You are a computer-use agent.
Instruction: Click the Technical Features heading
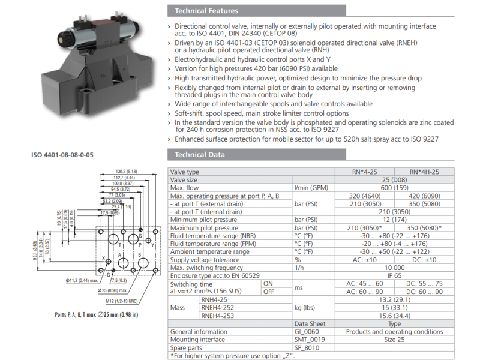tap(206, 11)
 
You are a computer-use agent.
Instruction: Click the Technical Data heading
tap(200, 155)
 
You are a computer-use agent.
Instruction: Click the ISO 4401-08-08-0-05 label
tap(62, 155)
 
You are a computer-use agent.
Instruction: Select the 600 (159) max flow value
tap(390, 188)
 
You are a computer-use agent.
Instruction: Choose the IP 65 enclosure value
tap(390, 275)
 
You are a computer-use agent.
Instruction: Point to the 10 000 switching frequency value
tap(390, 268)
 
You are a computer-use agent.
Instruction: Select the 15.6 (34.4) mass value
tap(390, 315)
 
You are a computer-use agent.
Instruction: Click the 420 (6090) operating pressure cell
tap(424, 196)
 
